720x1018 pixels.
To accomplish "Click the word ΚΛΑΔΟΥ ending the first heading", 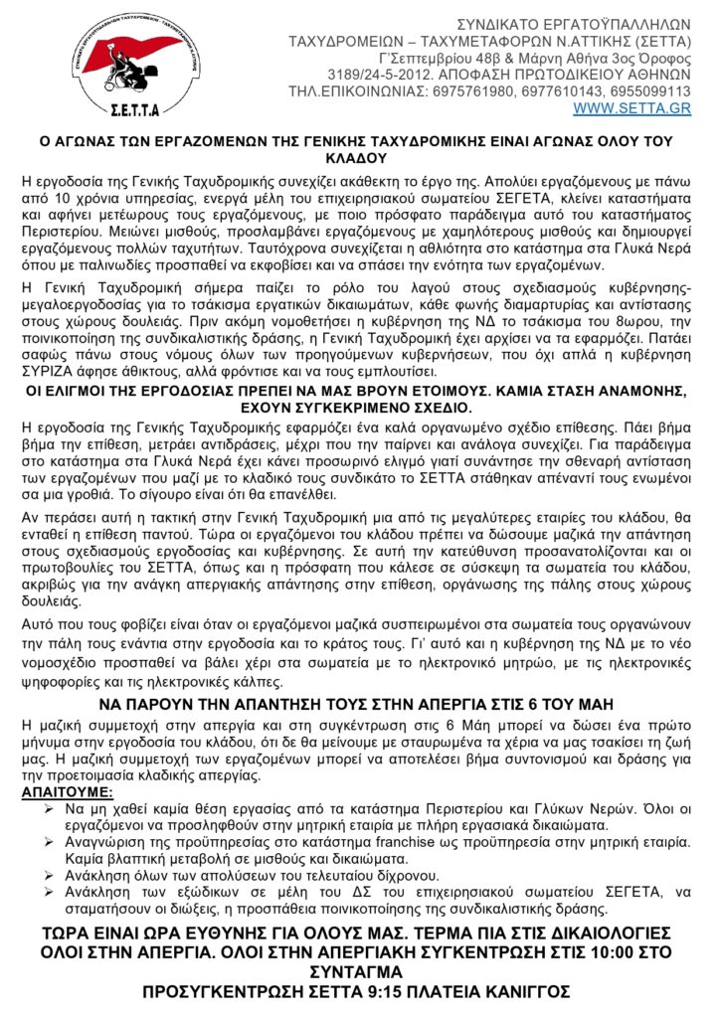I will [359, 159].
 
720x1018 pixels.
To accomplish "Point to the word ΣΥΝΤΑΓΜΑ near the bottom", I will [358, 970].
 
